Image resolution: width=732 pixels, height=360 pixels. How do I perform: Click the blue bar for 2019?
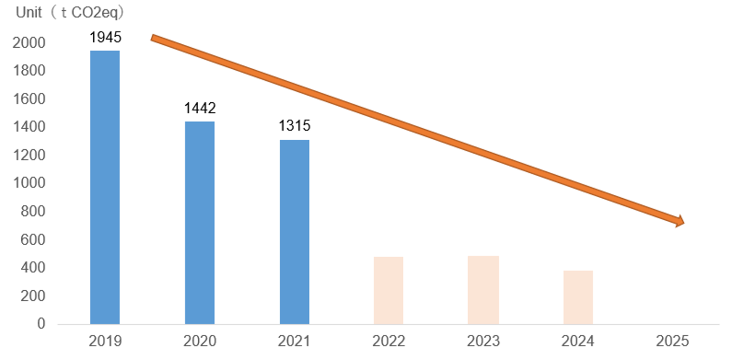pyautogui.click(x=105, y=187)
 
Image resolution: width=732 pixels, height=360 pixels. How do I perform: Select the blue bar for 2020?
pyautogui.click(x=200, y=223)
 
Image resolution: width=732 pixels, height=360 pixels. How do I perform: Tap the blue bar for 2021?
pyautogui.click(x=295, y=232)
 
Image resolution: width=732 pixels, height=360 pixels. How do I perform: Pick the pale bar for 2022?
pyautogui.click(x=388, y=290)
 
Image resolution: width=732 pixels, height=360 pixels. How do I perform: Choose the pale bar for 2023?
pyautogui.click(x=483, y=290)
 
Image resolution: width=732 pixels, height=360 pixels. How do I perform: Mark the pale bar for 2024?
pyautogui.click(x=578, y=297)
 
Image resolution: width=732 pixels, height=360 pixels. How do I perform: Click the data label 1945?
pyautogui.click(x=105, y=37)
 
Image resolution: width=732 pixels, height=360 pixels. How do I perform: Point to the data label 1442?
pyautogui.click(x=200, y=108)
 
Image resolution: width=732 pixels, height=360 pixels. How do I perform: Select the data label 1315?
pyautogui.click(x=295, y=125)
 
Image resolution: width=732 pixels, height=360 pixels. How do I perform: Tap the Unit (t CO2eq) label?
pyautogui.click(x=70, y=13)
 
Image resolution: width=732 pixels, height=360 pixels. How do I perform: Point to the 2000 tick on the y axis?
pyautogui.click(x=29, y=43)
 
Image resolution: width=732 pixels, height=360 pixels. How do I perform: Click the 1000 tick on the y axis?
pyautogui.click(x=29, y=183)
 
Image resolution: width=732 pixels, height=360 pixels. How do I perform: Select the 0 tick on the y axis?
pyautogui.click(x=41, y=323)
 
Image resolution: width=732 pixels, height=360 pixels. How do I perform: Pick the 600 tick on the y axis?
pyautogui.click(x=33, y=240)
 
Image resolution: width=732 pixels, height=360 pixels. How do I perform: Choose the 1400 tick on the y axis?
pyautogui.click(x=29, y=127)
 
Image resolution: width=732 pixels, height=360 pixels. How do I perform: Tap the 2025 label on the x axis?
pyautogui.click(x=672, y=341)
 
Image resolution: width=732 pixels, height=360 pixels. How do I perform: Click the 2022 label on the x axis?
pyautogui.click(x=388, y=341)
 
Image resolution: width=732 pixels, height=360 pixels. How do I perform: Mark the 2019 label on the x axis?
pyautogui.click(x=105, y=341)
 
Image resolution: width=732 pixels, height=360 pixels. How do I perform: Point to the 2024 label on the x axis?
pyautogui.click(x=578, y=341)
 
